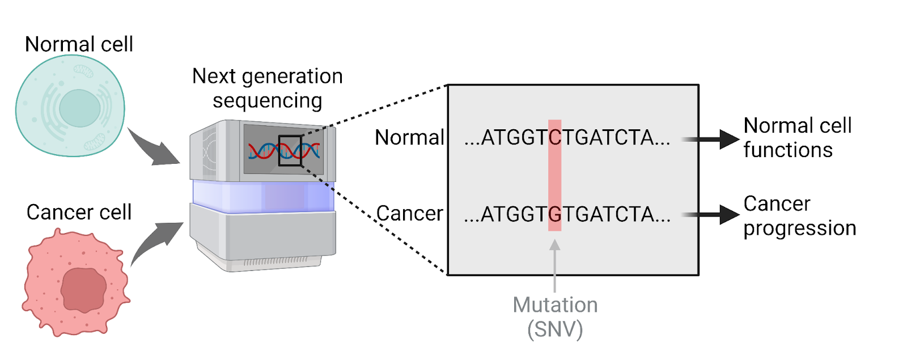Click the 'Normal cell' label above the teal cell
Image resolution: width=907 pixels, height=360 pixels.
pyautogui.click(x=79, y=44)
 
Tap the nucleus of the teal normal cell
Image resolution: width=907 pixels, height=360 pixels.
pyautogui.click(x=79, y=108)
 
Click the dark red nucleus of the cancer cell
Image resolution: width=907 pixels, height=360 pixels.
pyautogui.click(x=83, y=290)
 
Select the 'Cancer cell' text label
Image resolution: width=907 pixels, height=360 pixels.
pyautogui.click(x=79, y=212)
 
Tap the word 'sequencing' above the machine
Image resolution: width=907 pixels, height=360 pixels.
pyautogui.click(x=267, y=101)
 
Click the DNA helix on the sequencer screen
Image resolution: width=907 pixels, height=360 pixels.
pyautogui.click(x=283, y=151)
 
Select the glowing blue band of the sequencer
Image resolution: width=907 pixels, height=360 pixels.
pyautogui.click(x=263, y=196)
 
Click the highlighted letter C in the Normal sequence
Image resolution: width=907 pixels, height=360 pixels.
pyautogui.click(x=555, y=138)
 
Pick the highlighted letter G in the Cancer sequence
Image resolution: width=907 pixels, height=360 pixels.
pyautogui.click(x=555, y=214)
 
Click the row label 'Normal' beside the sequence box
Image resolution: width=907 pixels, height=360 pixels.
pyautogui.click(x=409, y=138)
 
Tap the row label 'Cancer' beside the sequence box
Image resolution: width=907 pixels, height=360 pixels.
pyautogui.click(x=409, y=214)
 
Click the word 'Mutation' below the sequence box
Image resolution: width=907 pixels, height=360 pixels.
pyautogui.click(x=555, y=305)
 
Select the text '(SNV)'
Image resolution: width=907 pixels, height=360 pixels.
pyautogui.click(x=555, y=329)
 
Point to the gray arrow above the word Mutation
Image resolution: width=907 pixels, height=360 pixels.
pyautogui.click(x=555, y=264)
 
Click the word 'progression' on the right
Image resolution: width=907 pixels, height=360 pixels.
pyautogui.click(x=799, y=228)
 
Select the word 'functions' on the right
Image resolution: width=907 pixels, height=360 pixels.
pyautogui.click(x=788, y=150)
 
